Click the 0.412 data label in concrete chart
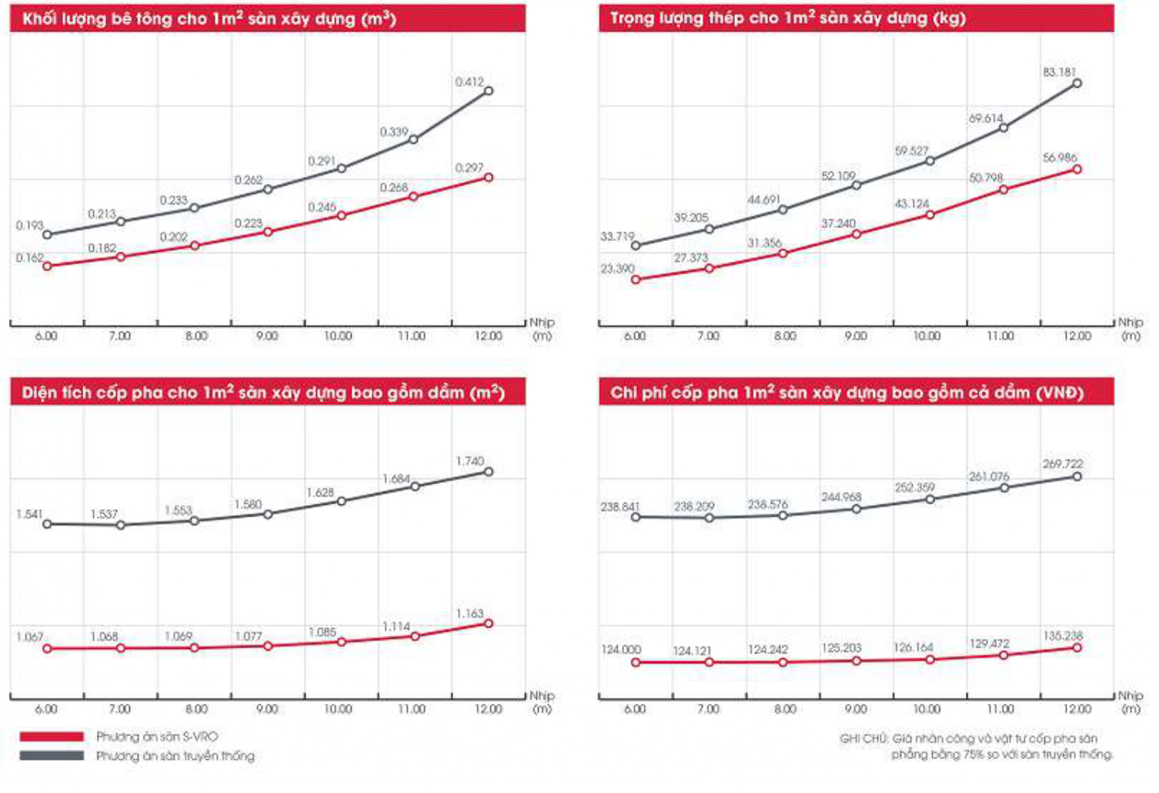[x=469, y=82]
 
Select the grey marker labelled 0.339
[x=413, y=139]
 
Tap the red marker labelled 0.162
[x=47, y=266]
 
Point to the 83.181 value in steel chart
[x=1059, y=72]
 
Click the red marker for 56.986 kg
[x=1077, y=169]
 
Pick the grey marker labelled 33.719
[x=636, y=246]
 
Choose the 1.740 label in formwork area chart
[x=469, y=461]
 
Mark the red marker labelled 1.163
[x=488, y=624]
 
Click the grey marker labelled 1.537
[x=121, y=526]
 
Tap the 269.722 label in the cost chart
[x=1063, y=464]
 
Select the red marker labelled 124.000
[x=636, y=662]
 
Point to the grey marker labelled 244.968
[x=857, y=509]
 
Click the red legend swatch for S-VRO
[x=52, y=737]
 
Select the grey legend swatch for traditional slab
[x=52, y=756]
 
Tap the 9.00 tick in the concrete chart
[x=267, y=336]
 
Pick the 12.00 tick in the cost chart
[x=1077, y=709]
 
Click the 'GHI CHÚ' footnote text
[x=976, y=746]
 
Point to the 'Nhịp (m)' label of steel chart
[x=1131, y=329]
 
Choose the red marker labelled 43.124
[x=930, y=215]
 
